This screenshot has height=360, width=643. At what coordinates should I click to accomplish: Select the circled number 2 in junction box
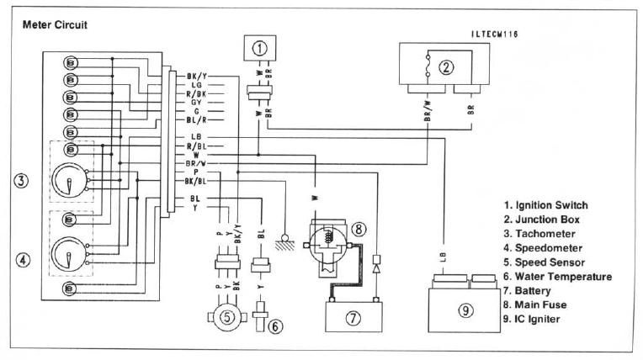[x=446, y=66]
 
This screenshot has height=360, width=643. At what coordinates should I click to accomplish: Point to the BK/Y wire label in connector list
[x=195, y=77]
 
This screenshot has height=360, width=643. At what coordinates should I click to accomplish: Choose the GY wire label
[x=195, y=102]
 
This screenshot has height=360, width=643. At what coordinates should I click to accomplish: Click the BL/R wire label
[x=195, y=119]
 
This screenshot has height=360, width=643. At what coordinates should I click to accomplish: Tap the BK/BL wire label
[x=195, y=180]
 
